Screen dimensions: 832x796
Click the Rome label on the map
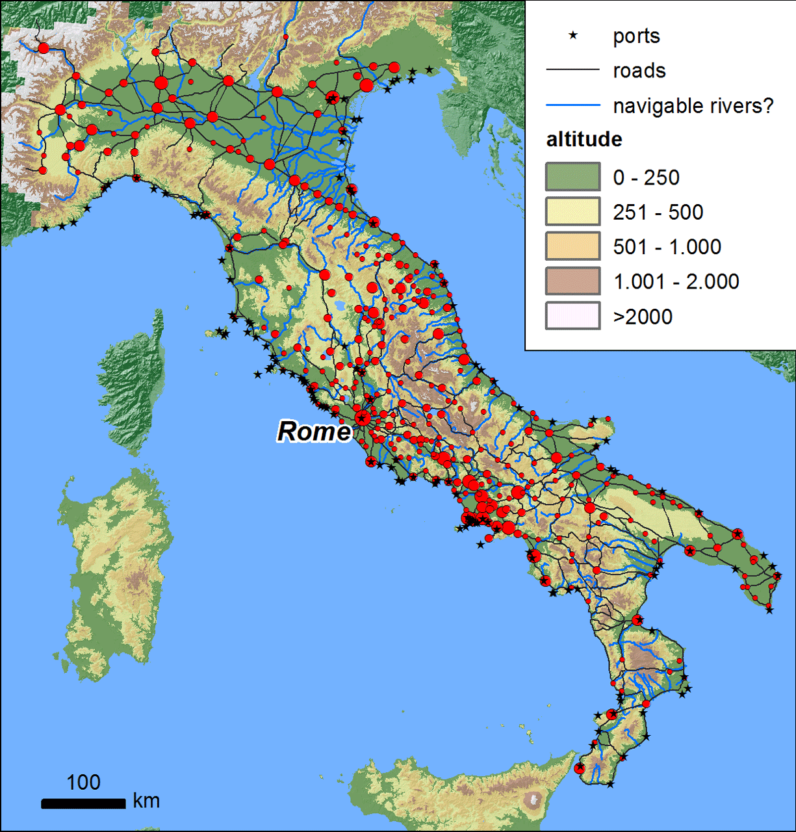coord(314,431)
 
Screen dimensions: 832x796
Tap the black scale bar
coord(83,804)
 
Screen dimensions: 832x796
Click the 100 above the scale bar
coord(83,782)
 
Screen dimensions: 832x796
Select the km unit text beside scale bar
coord(146,801)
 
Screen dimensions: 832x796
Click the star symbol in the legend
coord(572,36)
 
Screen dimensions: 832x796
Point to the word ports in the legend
coord(636,36)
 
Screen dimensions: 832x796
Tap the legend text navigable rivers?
coord(693,105)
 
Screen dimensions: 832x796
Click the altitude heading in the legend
coord(584,139)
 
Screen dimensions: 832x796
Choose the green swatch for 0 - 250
coord(572,177)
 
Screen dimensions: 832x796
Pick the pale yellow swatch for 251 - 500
coord(572,212)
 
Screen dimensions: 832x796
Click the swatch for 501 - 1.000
coord(572,246)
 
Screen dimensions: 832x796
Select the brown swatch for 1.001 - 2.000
coord(572,281)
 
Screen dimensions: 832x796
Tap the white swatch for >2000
coord(572,317)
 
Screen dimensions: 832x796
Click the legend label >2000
coord(643,317)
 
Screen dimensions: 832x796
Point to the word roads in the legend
coord(639,71)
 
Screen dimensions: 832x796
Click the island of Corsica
coord(133,383)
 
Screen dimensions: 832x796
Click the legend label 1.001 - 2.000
coord(676,281)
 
